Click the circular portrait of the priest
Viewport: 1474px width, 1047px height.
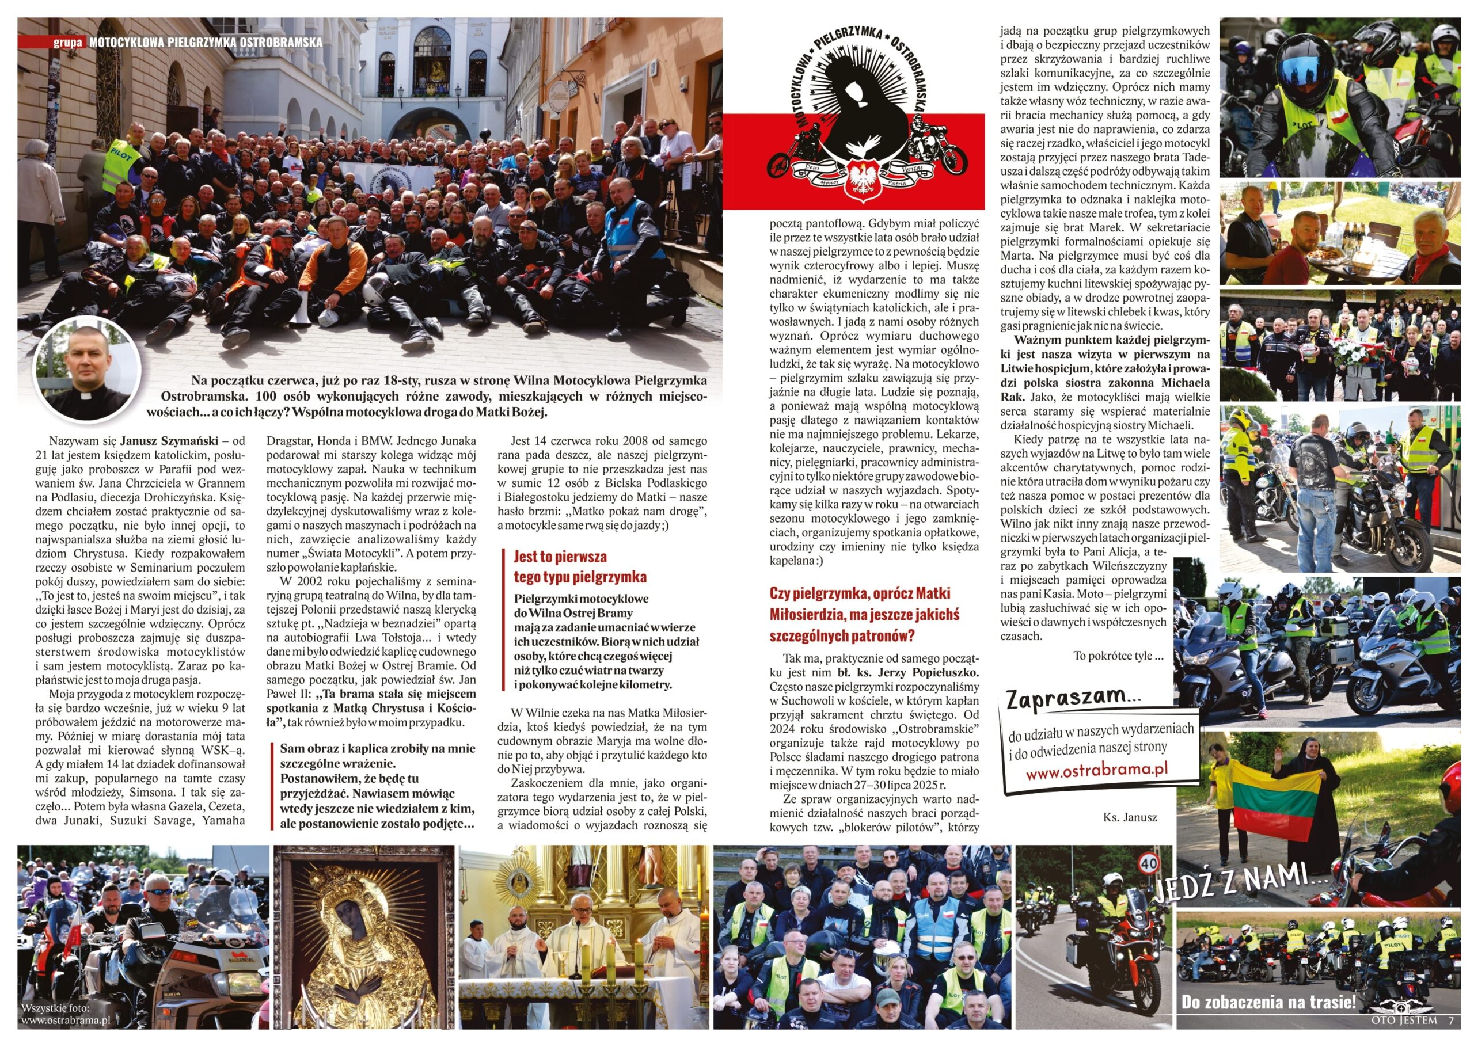coord(85,370)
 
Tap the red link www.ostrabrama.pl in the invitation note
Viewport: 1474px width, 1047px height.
coord(1096,772)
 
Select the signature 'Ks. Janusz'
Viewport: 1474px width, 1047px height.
coord(1130,817)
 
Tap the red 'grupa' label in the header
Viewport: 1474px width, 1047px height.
coord(68,43)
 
